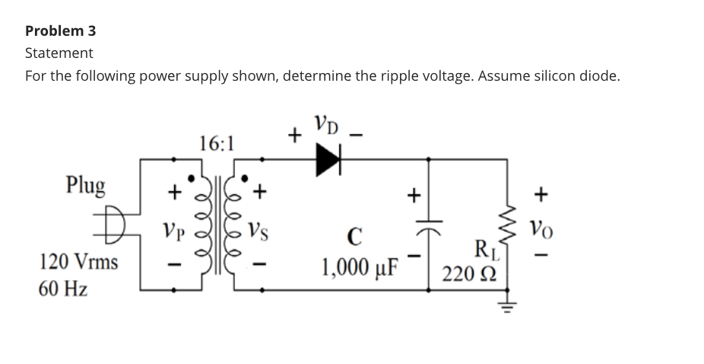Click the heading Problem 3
[x=61, y=31]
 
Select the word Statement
[x=59, y=53]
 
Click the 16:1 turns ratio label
[x=217, y=143]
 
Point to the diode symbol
[x=329, y=159]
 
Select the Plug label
[x=86, y=185]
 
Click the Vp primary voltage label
[x=175, y=229]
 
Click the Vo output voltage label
[x=541, y=228]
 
